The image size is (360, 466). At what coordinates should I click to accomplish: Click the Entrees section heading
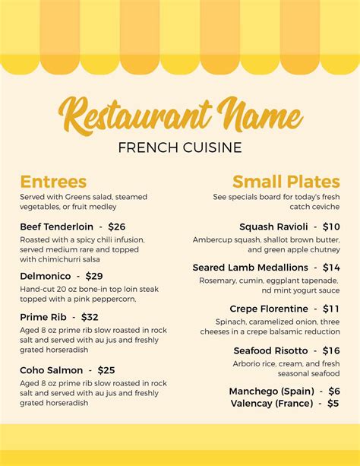(53, 182)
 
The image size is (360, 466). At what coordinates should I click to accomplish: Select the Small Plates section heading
(286, 182)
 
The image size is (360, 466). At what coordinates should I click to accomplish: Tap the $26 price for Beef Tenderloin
(117, 227)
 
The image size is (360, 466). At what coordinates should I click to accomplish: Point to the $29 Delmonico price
(94, 276)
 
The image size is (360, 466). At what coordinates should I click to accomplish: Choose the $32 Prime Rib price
(90, 317)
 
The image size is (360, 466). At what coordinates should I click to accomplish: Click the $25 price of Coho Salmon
(106, 370)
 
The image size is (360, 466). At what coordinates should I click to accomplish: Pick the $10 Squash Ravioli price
(331, 227)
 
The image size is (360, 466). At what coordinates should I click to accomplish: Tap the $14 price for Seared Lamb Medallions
(331, 268)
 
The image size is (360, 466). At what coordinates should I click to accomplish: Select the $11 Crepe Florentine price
(331, 309)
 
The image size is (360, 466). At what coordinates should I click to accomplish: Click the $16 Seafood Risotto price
(331, 350)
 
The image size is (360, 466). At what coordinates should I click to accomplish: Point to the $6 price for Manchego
(333, 391)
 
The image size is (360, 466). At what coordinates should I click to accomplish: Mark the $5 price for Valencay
(333, 404)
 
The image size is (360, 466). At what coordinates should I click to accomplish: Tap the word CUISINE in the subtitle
(212, 147)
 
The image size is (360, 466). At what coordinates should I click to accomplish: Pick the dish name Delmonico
(46, 276)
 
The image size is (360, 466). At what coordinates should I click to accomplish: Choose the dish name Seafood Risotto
(270, 350)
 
